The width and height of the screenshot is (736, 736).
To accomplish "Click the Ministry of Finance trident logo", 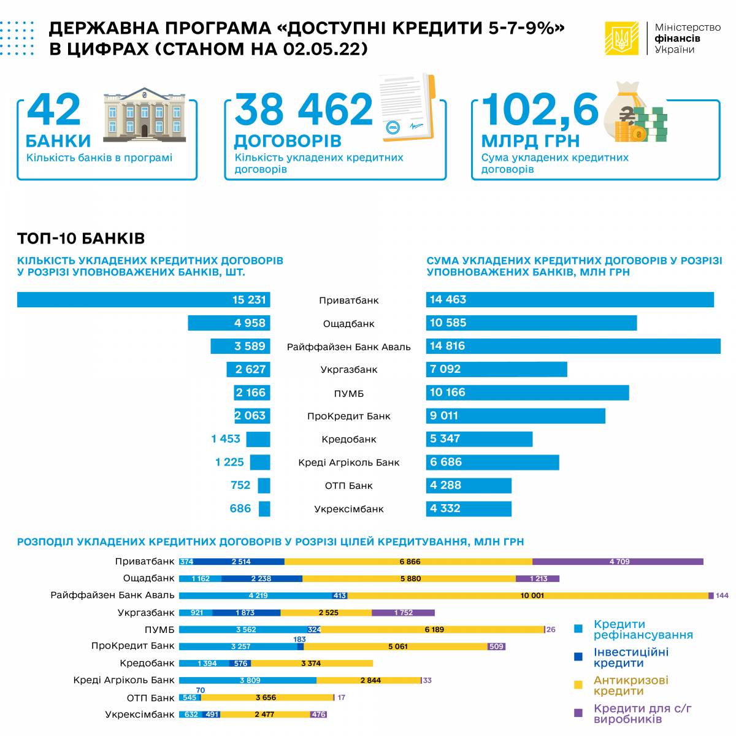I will (621, 38).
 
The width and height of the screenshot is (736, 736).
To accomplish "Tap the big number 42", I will (54, 110).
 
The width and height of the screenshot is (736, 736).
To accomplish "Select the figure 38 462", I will (304, 110).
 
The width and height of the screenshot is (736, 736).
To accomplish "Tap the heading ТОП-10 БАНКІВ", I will (81, 239).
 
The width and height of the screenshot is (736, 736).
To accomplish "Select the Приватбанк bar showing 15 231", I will (144, 300).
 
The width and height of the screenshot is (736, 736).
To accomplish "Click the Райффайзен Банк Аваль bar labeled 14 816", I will (573, 346).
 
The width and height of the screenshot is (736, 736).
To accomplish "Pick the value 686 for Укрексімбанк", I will (240, 508).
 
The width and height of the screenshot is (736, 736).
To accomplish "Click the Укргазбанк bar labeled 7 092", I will (496, 369).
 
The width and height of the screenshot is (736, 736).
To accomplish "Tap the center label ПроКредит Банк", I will (348, 416).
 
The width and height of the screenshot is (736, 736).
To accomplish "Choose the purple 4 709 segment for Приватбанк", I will (618, 562).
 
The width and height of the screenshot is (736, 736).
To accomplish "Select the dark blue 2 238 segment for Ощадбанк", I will (262, 578).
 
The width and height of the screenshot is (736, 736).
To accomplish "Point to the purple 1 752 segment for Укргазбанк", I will (403, 613).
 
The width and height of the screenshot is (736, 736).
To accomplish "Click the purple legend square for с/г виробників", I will (578, 713).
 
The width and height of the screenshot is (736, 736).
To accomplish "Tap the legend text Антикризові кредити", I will (631, 685).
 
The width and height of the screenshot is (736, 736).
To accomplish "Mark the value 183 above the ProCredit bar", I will (299, 639).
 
